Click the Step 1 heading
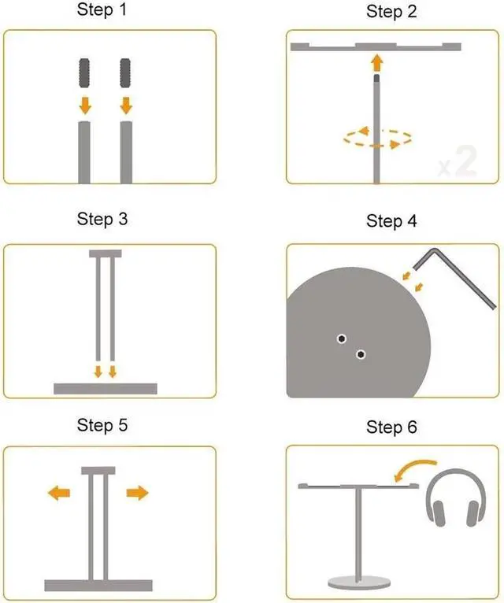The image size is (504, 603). click(x=102, y=10)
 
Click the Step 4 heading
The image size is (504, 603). click(x=391, y=221)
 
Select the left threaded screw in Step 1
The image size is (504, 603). click(x=85, y=74)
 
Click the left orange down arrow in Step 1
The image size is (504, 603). click(x=85, y=105)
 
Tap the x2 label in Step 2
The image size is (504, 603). click(x=458, y=161)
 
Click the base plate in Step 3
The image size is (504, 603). click(x=105, y=388)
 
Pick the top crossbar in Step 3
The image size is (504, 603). click(x=105, y=254)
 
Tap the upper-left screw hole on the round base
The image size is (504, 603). click(x=341, y=338)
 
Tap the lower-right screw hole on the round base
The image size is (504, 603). click(x=361, y=353)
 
